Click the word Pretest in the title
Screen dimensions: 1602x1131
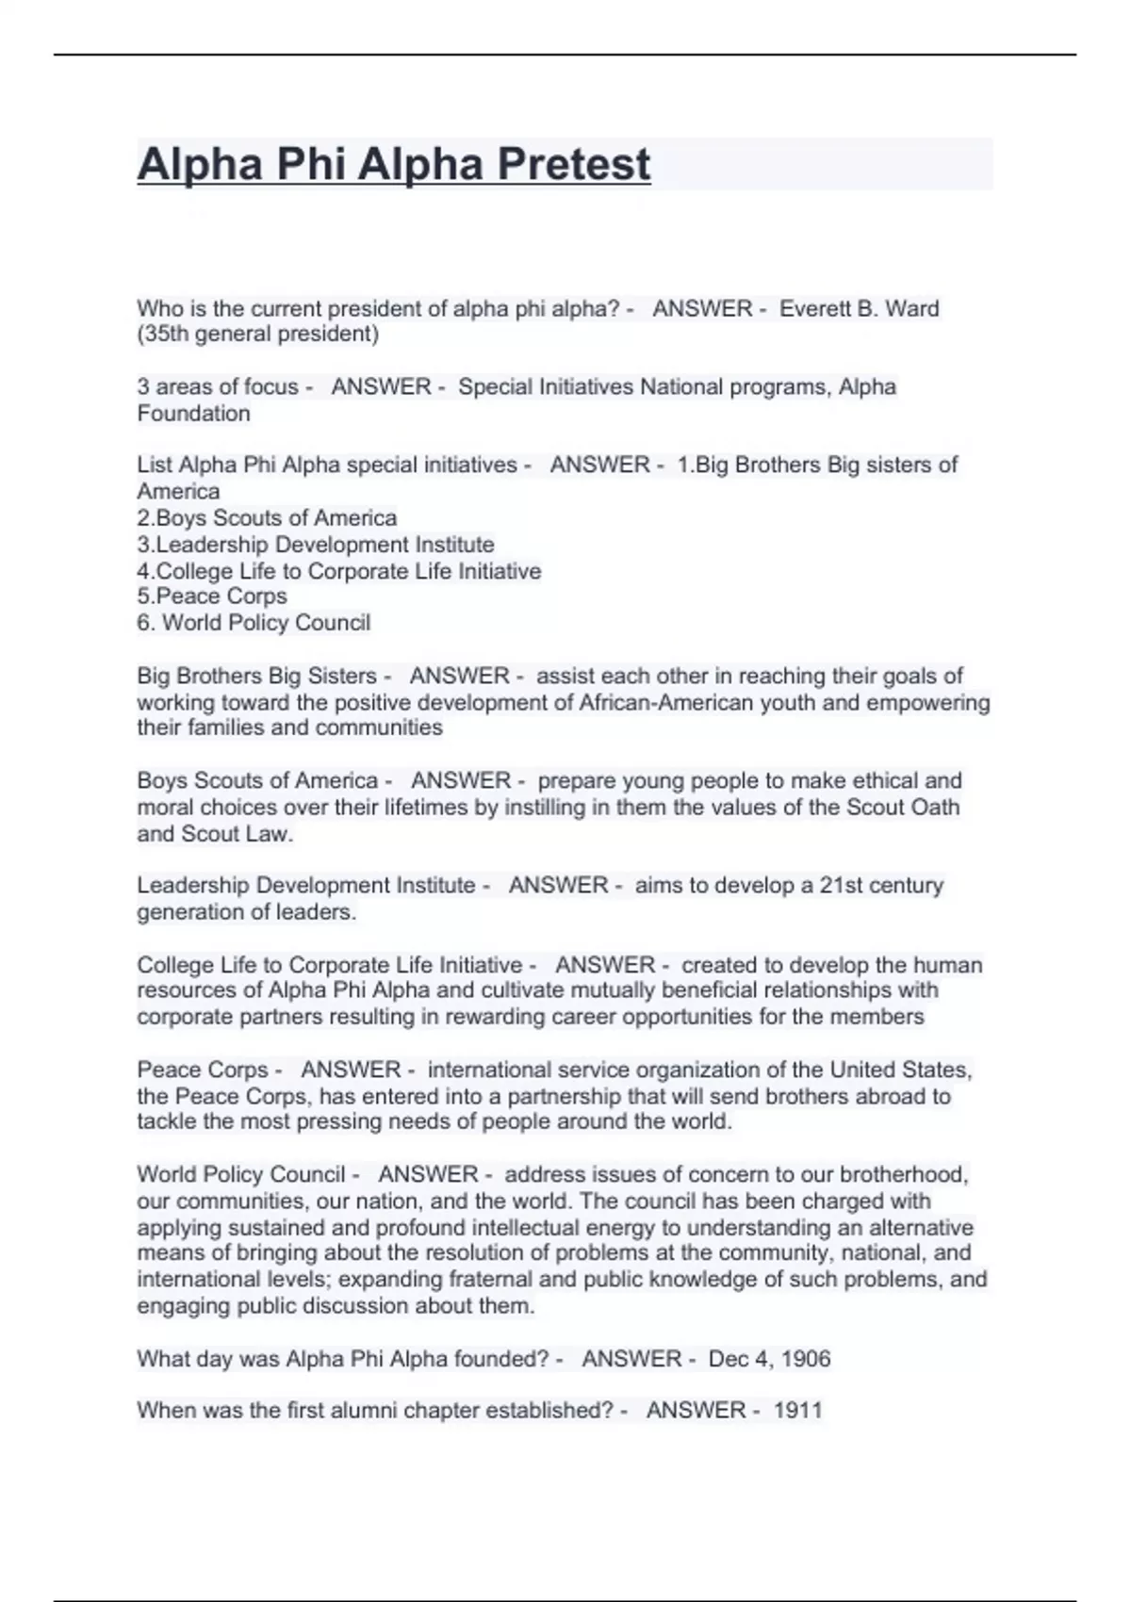[573, 164]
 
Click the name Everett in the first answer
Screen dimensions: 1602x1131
[814, 308]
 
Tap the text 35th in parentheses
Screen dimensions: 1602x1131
[166, 334]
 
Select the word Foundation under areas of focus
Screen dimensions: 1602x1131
[193, 413]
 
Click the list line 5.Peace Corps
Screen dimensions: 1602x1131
[212, 596]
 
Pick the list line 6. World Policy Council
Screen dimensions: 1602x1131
[254, 622]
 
